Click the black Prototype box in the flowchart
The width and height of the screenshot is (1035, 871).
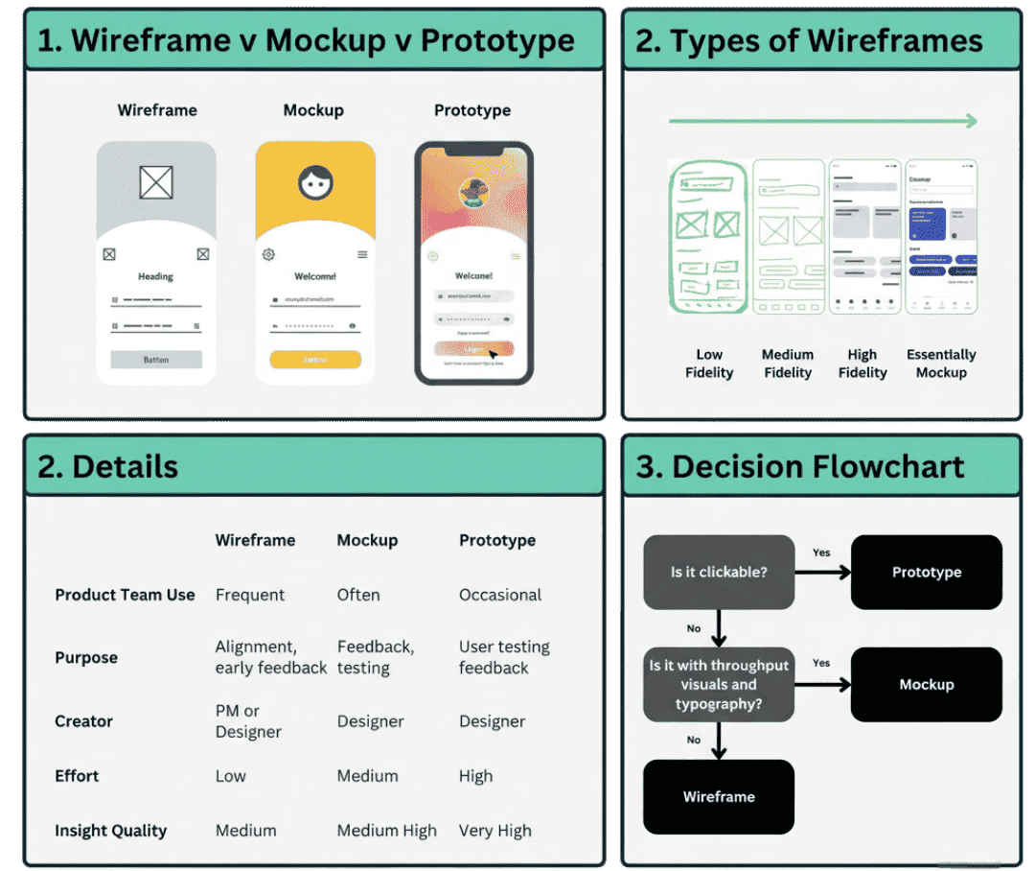click(926, 572)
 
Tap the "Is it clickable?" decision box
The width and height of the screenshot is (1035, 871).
click(719, 572)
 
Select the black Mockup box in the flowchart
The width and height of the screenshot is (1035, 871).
click(926, 684)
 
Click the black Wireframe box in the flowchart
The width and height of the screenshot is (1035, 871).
click(719, 796)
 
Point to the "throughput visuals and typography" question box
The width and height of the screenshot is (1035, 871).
click(719, 684)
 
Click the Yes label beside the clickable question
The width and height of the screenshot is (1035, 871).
click(821, 553)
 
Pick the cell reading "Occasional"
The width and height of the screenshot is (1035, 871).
click(500, 595)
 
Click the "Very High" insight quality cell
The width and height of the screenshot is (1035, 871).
click(494, 831)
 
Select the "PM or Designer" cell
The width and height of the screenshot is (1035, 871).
click(248, 721)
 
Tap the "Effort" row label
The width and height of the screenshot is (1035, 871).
click(77, 776)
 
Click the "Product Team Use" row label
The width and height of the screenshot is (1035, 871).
click(125, 595)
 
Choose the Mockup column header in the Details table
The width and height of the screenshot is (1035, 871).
click(367, 540)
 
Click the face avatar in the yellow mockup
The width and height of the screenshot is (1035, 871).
click(315, 182)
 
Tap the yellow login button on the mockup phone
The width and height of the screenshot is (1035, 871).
click(315, 360)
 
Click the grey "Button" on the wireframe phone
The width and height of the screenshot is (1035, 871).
click(156, 360)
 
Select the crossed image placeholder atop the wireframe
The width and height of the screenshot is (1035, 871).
click(156, 182)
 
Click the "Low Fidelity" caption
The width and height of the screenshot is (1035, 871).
click(709, 364)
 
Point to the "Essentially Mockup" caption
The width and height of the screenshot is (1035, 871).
click(941, 364)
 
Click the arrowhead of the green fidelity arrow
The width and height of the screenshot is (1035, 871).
click(971, 121)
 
